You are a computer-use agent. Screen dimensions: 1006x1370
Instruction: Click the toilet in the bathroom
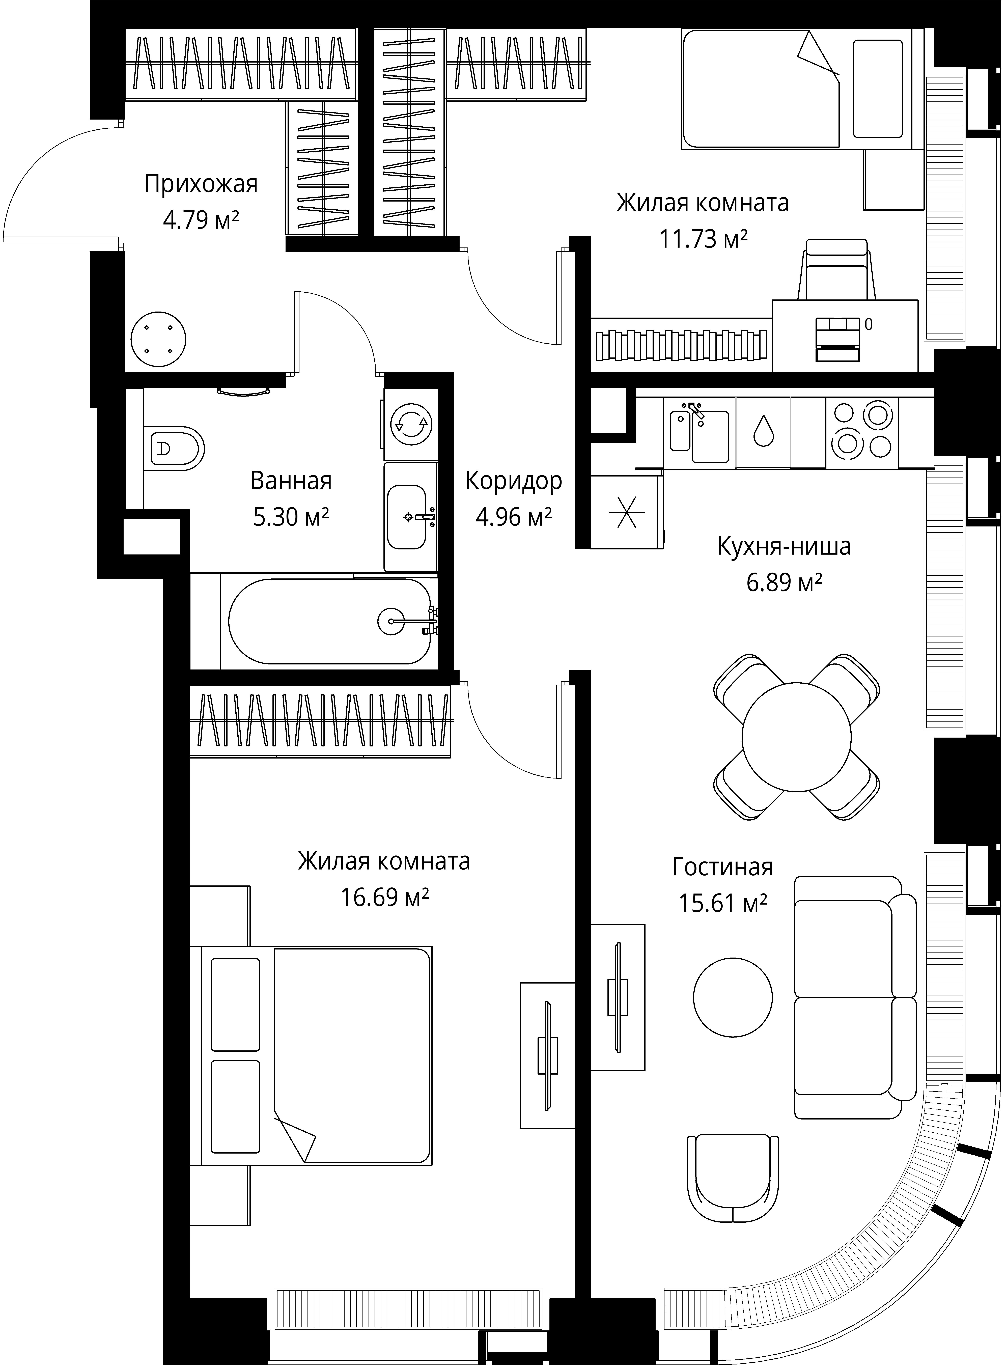[x=174, y=449]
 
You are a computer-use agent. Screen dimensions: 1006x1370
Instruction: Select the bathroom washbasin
[x=408, y=517]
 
